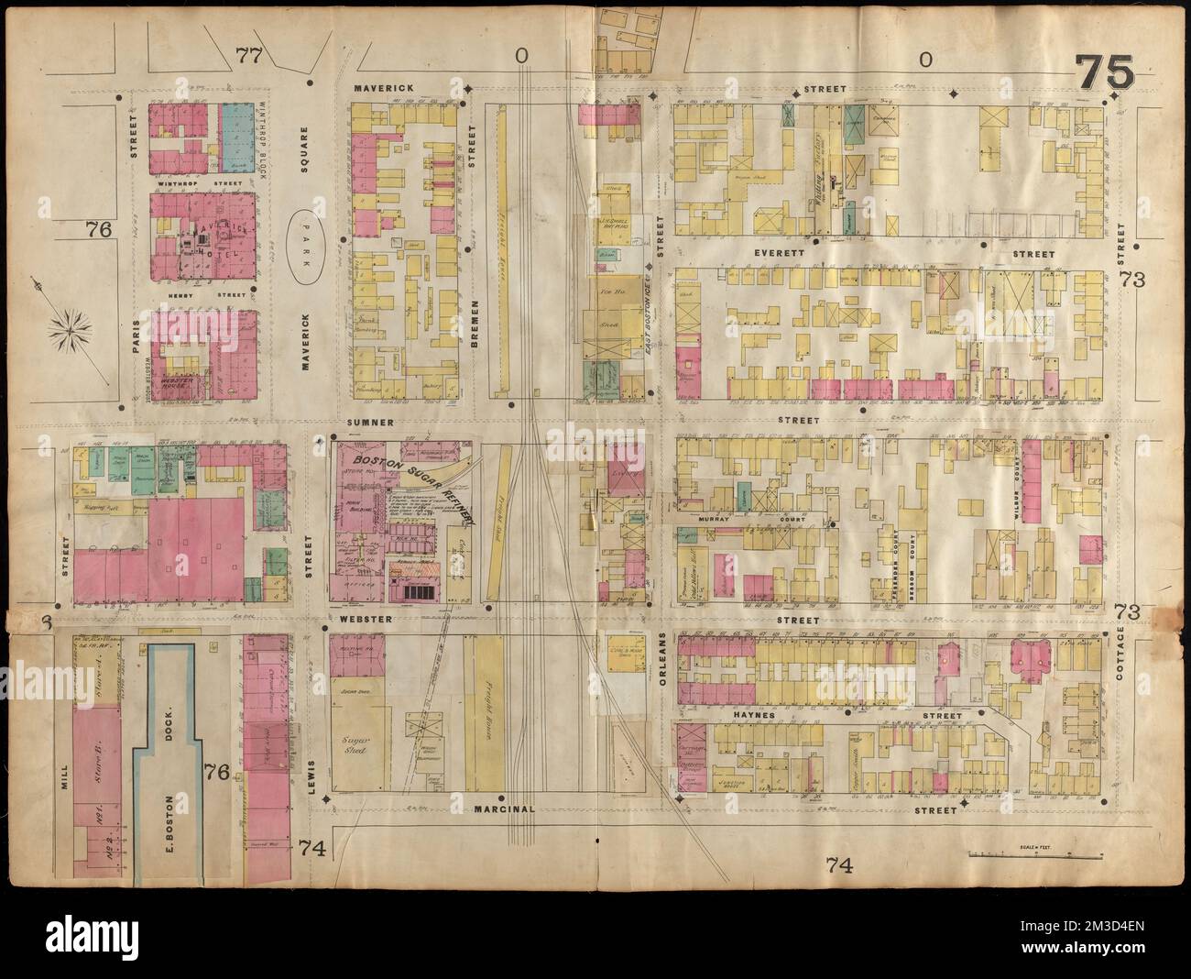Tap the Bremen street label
pyautogui.click(x=475, y=325)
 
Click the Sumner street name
pyautogui.click(x=370, y=423)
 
